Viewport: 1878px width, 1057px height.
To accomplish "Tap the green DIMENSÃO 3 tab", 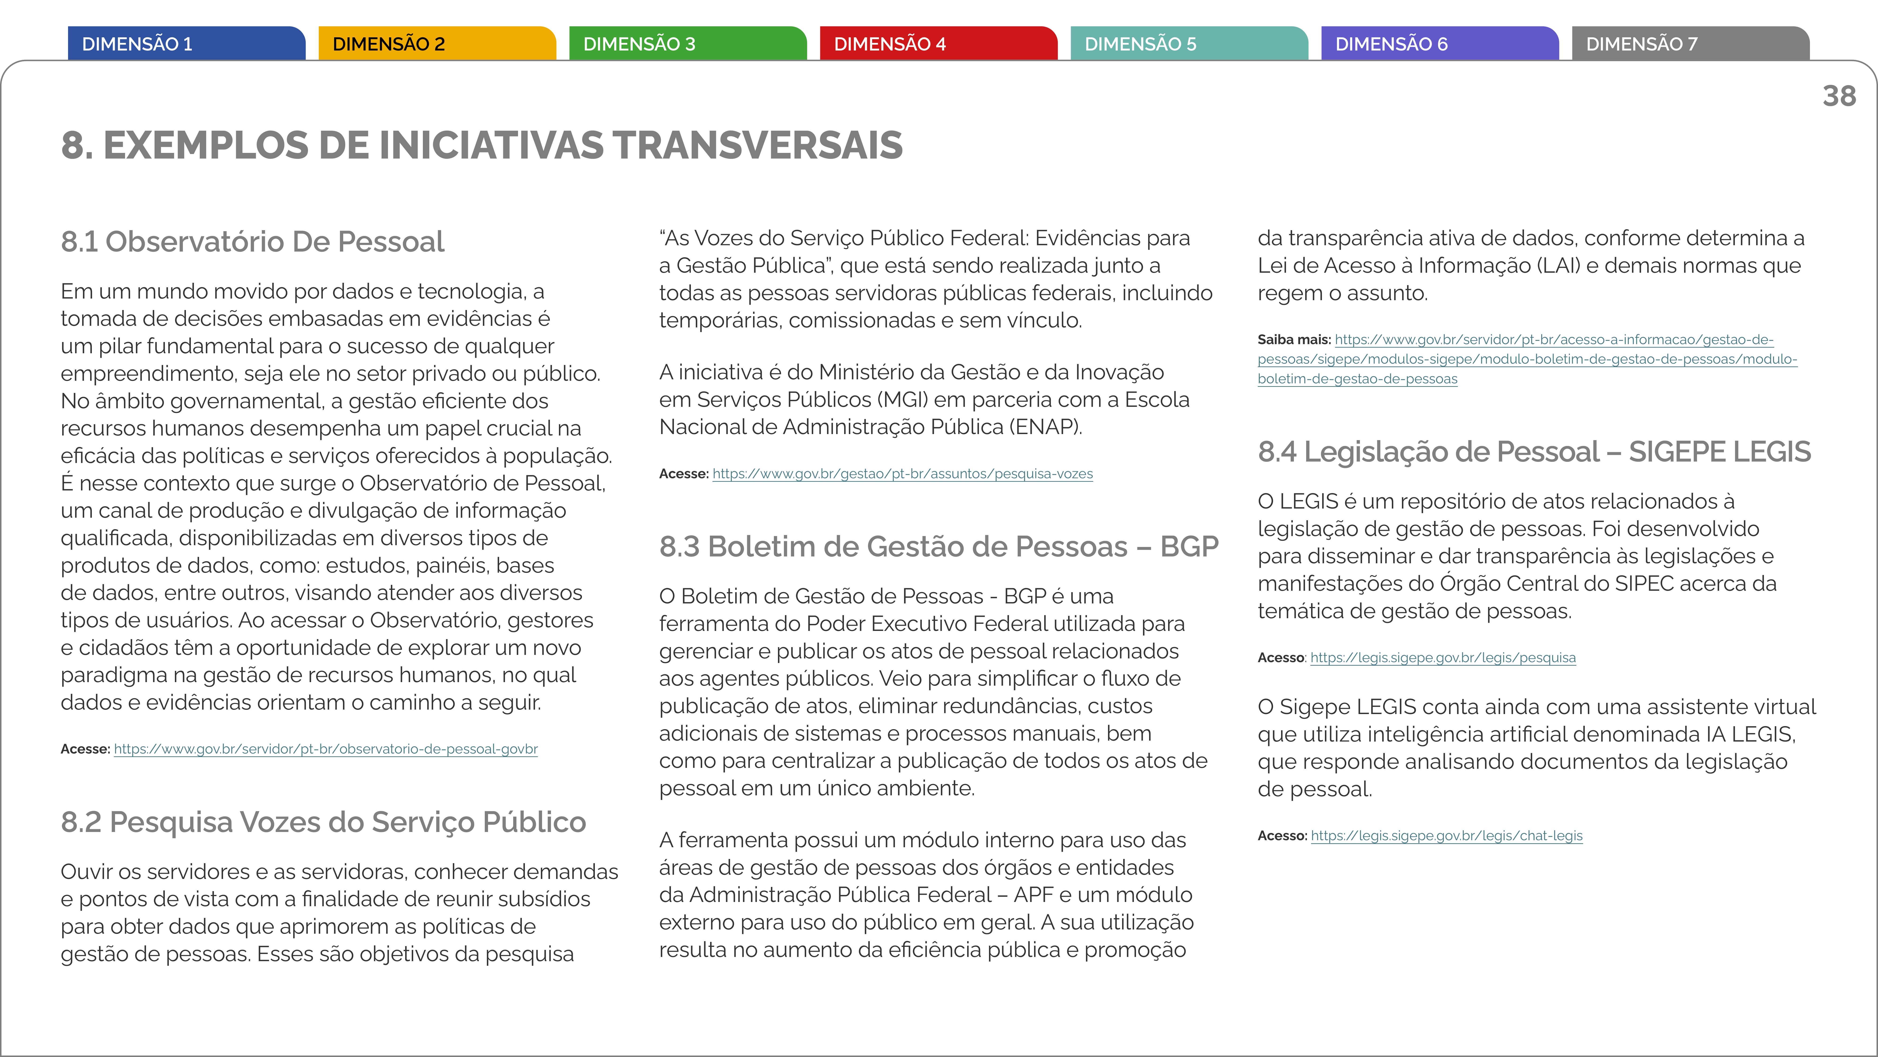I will click(688, 44).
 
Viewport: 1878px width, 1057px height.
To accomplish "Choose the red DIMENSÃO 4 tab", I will click(938, 44).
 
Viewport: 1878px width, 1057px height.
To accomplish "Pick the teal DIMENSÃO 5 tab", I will click(1189, 44).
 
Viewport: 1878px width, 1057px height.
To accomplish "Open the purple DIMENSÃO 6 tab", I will click(1440, 44).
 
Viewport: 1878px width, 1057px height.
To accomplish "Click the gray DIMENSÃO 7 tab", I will click(1690, 44).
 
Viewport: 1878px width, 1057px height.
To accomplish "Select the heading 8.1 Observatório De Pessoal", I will click(252, 241).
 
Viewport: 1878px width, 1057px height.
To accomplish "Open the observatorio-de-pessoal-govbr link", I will click(326, 749).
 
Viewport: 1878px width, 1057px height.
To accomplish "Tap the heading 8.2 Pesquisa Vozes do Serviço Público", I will click(323, 822).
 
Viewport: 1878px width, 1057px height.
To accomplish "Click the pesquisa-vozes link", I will click(903, 474).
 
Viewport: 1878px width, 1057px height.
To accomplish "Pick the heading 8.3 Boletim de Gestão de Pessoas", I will click(938, 546).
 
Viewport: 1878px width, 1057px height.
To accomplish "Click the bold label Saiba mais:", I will click(1293, 339).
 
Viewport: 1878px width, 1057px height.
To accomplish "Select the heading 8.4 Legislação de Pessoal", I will click(1534, 451).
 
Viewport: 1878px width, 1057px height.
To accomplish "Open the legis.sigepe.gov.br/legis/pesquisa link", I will click(1443, 658).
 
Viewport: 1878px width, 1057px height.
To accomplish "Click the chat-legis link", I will click(1446, 836).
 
